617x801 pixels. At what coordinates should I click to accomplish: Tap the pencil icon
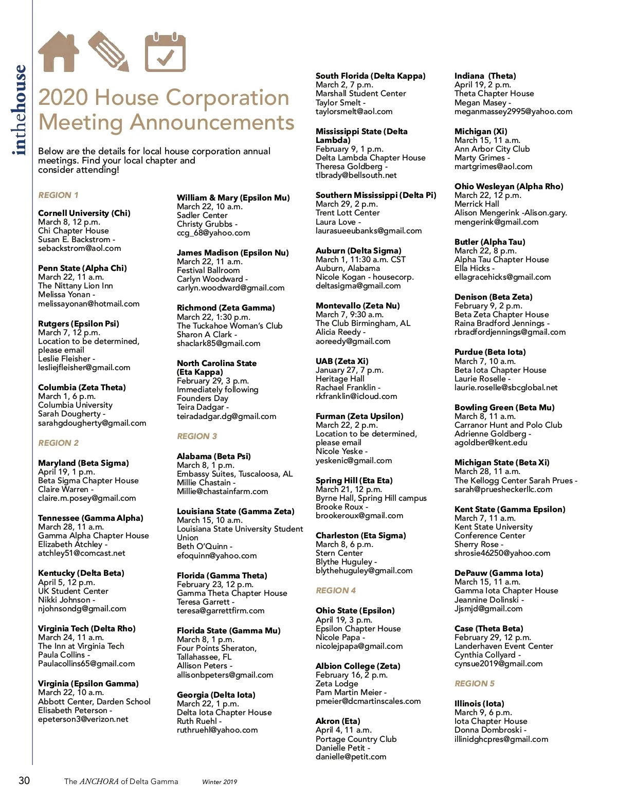tap(108, 51)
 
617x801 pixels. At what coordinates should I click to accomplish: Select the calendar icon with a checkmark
tap(165, 52)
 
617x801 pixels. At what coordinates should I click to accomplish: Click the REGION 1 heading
tap(58, 195)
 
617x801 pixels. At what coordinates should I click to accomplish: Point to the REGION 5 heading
tap(474, 684)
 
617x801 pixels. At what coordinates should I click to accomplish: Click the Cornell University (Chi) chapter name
tap(84, 213)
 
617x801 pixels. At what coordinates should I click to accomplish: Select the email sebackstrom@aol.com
tap(79, 248)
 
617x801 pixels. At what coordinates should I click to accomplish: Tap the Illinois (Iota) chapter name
tap(479, 704)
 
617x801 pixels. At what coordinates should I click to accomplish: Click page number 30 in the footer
tap(24, 780)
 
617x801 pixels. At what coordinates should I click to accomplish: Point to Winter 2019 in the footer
tap(220, 782)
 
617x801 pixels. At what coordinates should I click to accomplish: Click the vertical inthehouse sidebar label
tap(19, 110)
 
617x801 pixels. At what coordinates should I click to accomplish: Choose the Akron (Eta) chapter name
tap(337, 721)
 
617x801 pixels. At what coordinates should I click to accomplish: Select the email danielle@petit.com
tap(351, 757)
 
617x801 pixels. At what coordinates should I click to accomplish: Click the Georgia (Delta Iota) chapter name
tap(216, 695)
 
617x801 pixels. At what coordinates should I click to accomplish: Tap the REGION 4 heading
tap(335, 591)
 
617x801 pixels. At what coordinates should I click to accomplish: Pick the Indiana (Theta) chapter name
tap(485, 76)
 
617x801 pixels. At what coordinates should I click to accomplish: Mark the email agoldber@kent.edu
tap(491, 443)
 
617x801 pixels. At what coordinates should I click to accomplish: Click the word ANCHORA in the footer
tap(99, 781)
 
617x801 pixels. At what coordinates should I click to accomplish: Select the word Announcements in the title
tap(212, 123)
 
